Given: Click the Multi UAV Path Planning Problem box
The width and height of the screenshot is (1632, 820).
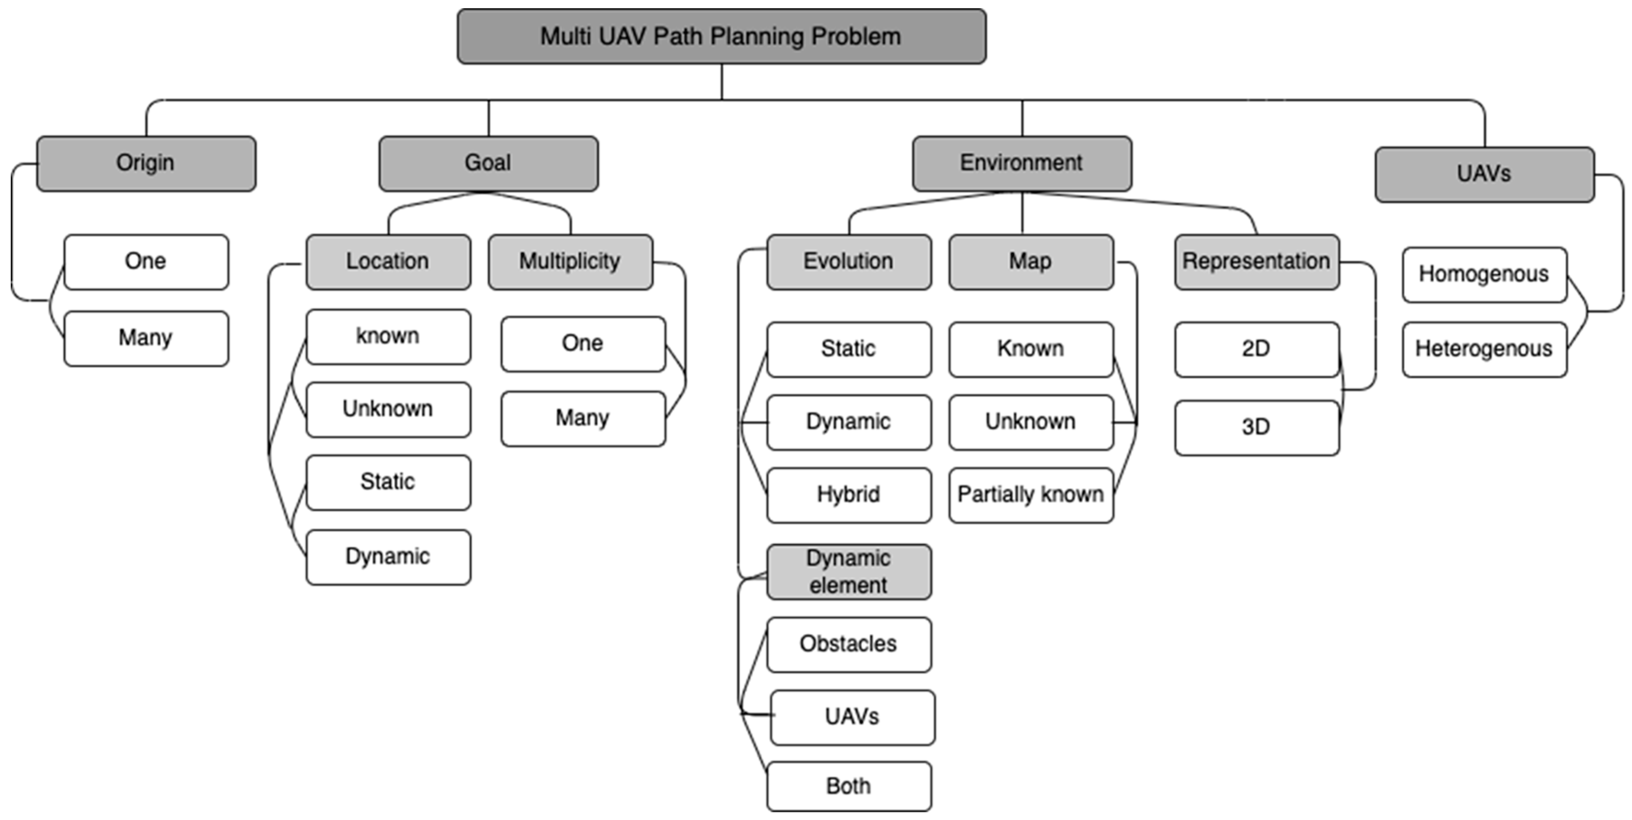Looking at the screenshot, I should point(721,36).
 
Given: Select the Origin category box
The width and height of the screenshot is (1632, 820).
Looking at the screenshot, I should point(146,163).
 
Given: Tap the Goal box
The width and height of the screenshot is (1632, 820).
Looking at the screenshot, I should point(488,163).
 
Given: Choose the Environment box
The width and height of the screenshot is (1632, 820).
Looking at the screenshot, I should point(1021,163).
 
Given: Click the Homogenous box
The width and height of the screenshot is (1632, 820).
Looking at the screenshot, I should point(1484,274).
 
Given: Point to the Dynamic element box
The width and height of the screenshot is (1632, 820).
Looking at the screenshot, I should point(848,572).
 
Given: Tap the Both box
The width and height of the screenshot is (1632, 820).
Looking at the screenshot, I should point(848,786).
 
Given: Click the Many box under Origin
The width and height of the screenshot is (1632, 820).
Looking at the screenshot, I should point(146,338).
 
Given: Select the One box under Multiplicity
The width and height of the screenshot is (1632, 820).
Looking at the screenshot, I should point(582,343).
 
